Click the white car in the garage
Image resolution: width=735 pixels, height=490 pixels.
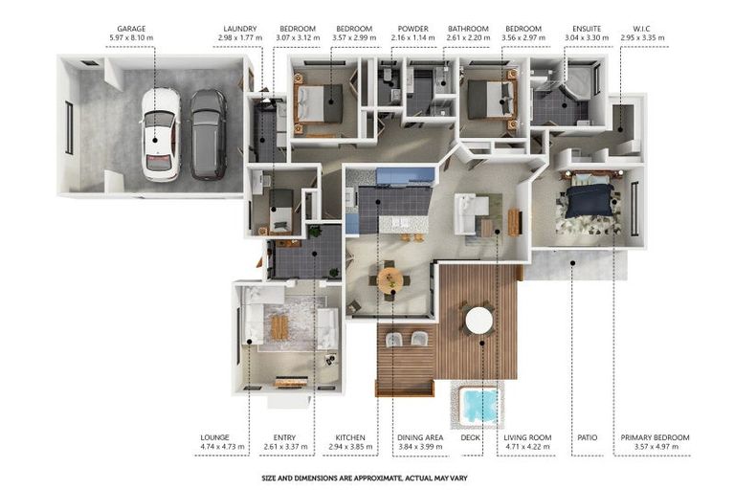click(161, 135)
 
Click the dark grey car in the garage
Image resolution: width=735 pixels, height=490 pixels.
click(209, 135)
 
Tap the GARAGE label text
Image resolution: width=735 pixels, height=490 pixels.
click(131, 29)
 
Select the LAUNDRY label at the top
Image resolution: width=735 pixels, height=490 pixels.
click(240, 29)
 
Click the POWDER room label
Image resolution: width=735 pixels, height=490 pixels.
click(413, 29)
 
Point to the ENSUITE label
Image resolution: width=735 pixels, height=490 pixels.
click(587, 29)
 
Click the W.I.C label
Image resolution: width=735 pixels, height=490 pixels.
click(642, 29)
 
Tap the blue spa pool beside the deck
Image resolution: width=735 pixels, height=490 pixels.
click(479, 405)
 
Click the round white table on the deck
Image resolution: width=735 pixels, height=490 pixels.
click(479, 321)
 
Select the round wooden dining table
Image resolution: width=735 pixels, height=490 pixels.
click(390, 280)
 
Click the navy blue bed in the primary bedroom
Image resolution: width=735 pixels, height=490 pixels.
click(590, 201)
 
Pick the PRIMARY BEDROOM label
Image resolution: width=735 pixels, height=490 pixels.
click(655, 437)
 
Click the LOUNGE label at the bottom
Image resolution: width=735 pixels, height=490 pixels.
click(214, 437)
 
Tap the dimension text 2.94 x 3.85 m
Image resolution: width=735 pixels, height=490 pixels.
click(350, 447)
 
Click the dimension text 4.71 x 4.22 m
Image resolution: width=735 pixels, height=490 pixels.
click(527, 447)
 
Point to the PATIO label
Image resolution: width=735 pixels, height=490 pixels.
click(588, 437)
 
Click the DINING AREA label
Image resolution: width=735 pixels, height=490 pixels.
click(420, 437)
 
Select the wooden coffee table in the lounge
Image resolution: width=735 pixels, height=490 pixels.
click(279, 326)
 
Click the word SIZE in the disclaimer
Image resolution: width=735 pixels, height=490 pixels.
click(270, 479)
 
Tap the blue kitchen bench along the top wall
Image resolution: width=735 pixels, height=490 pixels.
click(406, 175)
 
